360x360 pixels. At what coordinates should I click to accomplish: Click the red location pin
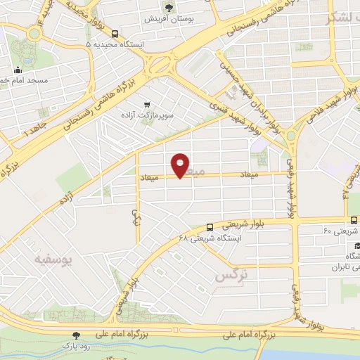pyautogui.click(x=181, y=165)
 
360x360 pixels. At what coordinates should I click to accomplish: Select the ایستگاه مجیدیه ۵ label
pyautogui.click(x=112, y=44)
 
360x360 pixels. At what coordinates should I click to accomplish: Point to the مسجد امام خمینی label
pyautogui.click(x=28, y=80)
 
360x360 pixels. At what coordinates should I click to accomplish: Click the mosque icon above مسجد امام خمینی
pyautogui.click(x=18, y=70)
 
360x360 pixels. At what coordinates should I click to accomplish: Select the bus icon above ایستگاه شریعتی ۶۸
pyautogui.click(x=210, y=226)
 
